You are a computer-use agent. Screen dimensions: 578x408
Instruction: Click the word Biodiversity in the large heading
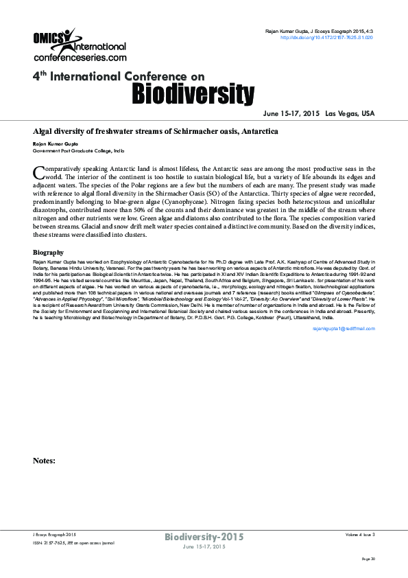193,92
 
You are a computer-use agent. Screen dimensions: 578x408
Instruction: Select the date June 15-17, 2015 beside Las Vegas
291,113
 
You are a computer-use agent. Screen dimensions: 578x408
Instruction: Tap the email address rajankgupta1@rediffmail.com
344,329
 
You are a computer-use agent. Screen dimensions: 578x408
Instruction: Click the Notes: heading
44,461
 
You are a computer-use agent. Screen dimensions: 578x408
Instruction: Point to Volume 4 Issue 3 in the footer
360,534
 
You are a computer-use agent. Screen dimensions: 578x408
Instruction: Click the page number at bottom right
368,559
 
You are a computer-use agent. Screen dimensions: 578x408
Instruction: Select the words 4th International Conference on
119,77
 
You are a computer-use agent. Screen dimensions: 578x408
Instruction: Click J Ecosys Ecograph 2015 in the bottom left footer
55,534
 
